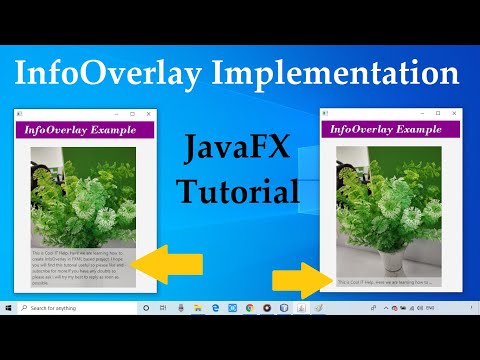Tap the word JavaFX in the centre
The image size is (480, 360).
[x=237, y=151]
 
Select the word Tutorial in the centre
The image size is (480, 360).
[x=237, y=189]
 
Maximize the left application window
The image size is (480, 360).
[x=134, y=113]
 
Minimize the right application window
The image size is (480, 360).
[x=421, y=113]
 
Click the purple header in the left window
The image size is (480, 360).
[x=85, y=130]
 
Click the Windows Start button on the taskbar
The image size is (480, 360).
[x=9, y=308]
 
